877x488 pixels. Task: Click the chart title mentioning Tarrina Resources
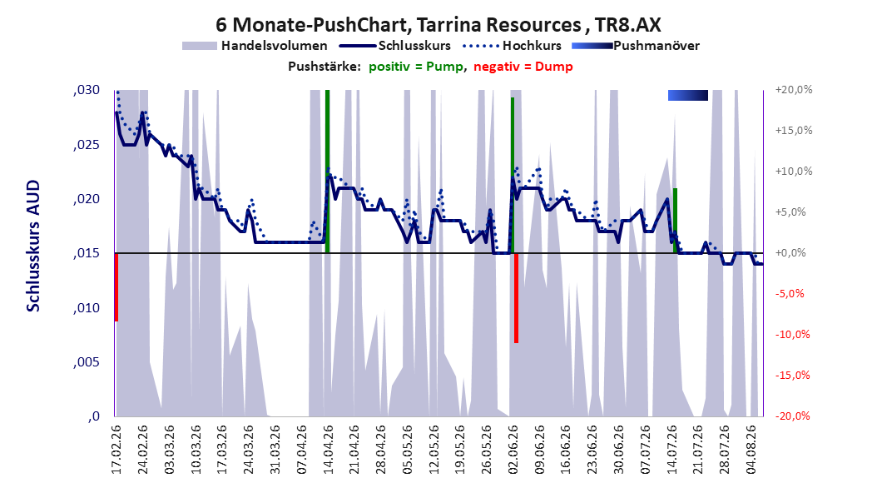pyautogui.click(x=438, y=25)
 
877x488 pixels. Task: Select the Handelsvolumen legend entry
pyautogui.click(x=255, y=46)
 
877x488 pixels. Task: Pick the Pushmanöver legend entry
pyautogui.click(x=636, y=46)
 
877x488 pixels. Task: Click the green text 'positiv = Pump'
pyautogui.click(x=416, y=67)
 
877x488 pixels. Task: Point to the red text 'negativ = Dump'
pyautogui.click(x=523, y=67)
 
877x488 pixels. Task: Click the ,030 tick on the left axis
pyautogui.click(x=87, y=91)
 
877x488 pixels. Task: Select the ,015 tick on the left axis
pyautogui.click(x=87, y=253)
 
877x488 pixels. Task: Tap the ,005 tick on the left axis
pyautogui.click(x=87, y=362)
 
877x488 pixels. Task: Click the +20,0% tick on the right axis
pyautogui.click(x=794, y=90)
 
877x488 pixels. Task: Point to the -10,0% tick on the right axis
pyautogui.click(x=792, y=335)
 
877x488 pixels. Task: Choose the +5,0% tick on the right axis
pyautogui.click(x=790, y=212)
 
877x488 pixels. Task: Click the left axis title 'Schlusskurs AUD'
pyautogui.click(x=33, y=246)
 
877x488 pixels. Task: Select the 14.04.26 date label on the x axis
pyautogui.click(x=329, y=450)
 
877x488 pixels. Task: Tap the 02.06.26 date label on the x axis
pyautogui.click(x=513, y=450)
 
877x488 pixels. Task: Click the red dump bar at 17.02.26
pyautogui.click(x=116, y=287)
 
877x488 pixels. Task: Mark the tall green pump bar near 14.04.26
pyautogui.click(x=327, y=172)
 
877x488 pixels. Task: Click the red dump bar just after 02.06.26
pyautogui.click(x=516, y=298)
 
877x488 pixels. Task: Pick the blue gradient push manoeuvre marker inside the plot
pyautogui.click(x=688, y=96)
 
